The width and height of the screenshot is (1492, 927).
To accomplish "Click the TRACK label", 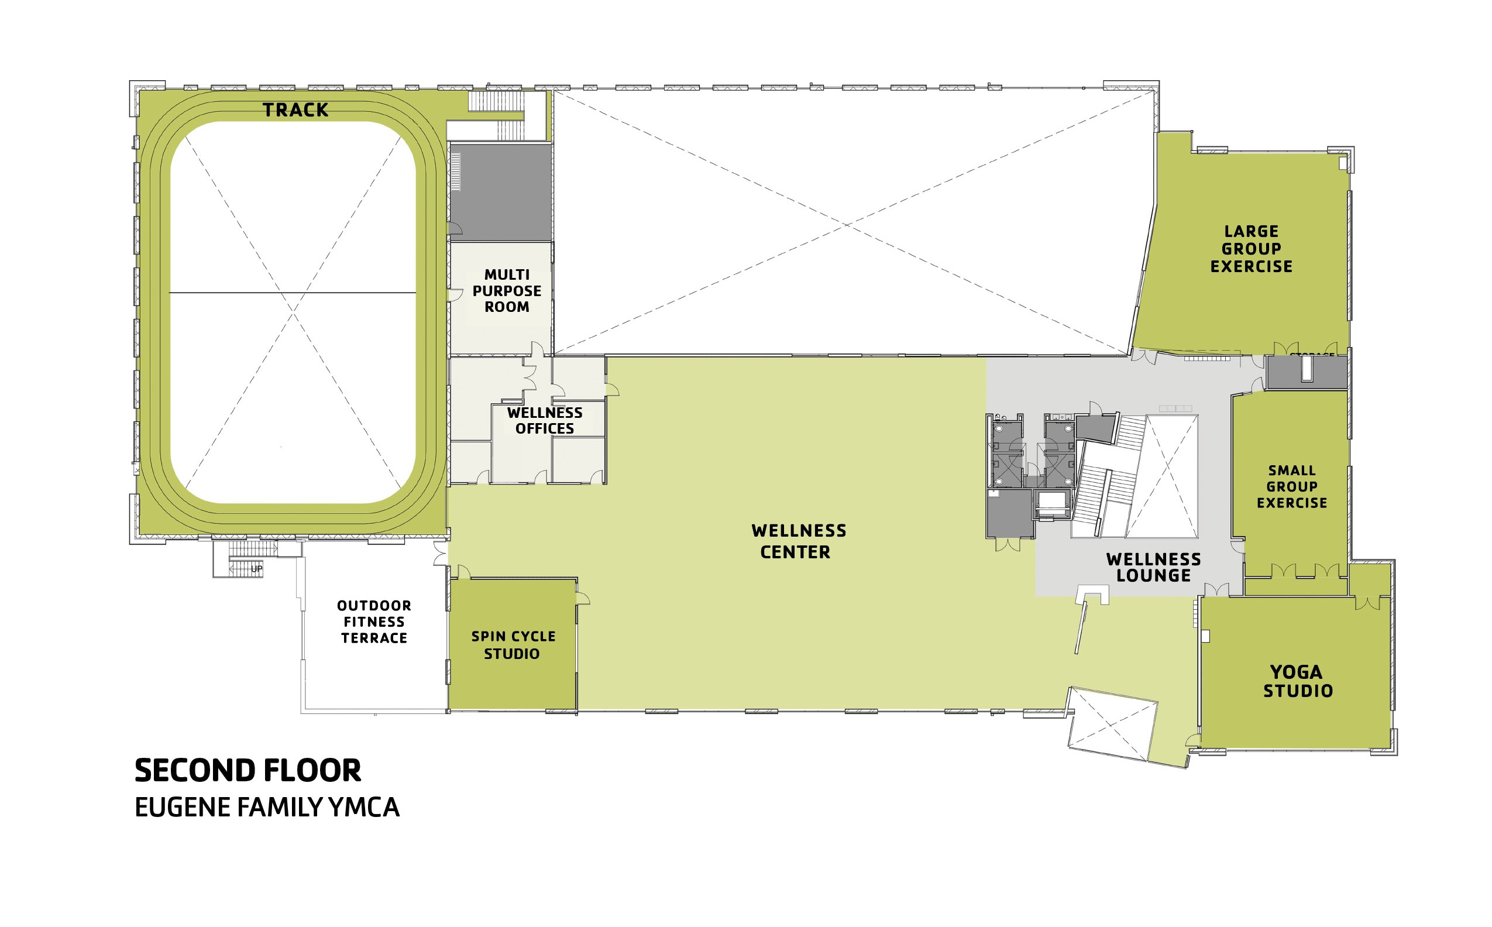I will point(295,111).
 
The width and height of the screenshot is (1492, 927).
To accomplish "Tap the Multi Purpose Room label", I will point(506,291).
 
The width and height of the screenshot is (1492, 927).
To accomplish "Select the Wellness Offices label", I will point(544,421).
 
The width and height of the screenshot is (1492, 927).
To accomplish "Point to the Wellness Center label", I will point(798,541).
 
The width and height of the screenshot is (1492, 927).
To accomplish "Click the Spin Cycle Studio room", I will point(513,645).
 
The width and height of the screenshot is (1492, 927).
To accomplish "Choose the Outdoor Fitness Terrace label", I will point(374,622).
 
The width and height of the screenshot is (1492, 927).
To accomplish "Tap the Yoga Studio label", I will point(1298,681).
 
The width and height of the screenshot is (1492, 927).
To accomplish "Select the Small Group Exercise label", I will point(1291,487).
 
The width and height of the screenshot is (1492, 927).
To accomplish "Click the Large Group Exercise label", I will point(1251,249).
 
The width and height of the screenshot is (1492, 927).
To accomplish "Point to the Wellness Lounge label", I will point(1153,567).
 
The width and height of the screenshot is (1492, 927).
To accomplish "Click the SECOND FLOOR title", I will point(247,771).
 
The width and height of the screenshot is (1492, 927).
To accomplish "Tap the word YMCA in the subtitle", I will point(364,808).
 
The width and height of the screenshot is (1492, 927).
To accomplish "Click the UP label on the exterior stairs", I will point(256,569).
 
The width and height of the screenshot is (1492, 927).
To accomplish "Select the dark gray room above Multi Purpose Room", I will point(501,191).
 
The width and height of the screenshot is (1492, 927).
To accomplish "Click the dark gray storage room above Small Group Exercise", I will point(1307,372).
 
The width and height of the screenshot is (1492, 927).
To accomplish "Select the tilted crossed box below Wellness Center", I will point(1112,724).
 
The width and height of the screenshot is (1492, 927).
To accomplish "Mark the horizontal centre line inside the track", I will point(293,293).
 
